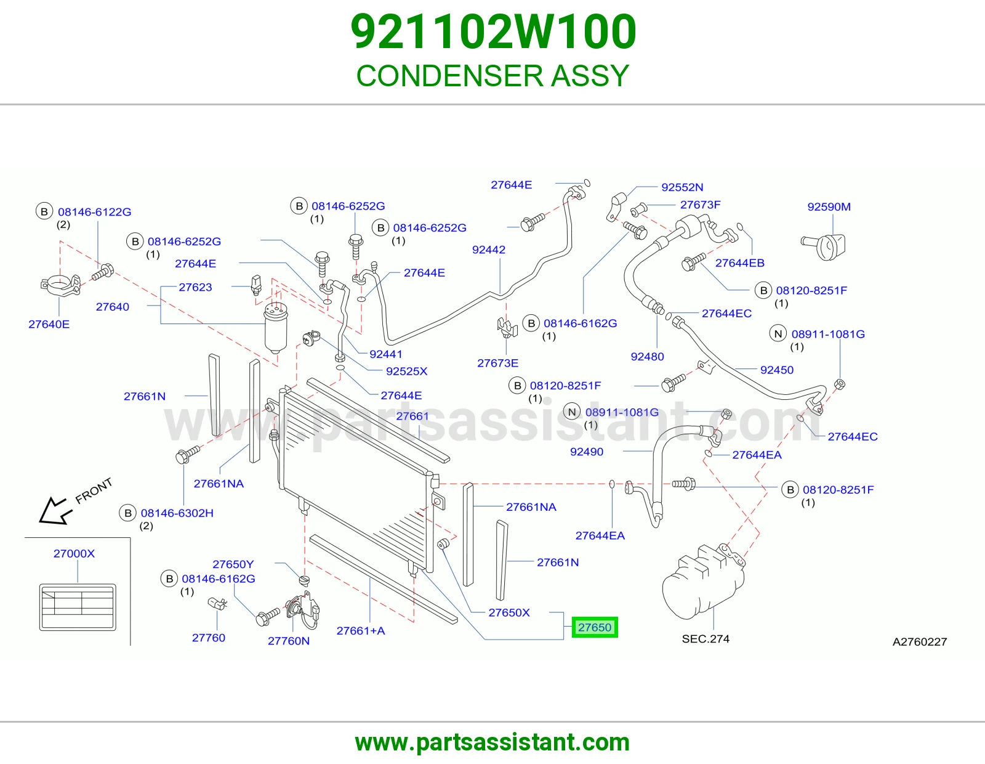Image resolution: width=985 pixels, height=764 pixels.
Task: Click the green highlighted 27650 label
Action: click(x=595, y=627)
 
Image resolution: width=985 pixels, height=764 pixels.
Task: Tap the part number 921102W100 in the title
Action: click(x=493, y=31)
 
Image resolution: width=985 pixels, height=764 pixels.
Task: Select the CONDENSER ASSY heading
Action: click(x=492, y=75)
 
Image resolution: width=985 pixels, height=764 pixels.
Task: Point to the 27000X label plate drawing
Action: click(x=78, y=607)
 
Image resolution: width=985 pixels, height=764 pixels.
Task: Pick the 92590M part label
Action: click(x=829, y=207)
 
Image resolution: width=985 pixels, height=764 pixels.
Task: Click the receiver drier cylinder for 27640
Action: click(x=276, y=328)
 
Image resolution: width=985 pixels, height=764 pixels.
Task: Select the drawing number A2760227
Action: click(x=920, y=641)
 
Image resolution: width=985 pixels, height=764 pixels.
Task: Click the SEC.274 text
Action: click(x=706, y=639)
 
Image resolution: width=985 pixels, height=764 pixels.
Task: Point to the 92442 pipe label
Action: click(x=489, y=250)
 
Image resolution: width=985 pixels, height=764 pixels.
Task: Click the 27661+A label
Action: click(x=360, y=631)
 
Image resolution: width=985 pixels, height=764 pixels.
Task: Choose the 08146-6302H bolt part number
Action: click(x=177, y=513)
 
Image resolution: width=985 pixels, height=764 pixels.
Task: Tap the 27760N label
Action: click(x=288, y=641)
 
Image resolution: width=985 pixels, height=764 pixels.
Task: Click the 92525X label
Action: click(x=406, y=371)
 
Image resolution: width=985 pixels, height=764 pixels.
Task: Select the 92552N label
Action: click(x=682, y=187)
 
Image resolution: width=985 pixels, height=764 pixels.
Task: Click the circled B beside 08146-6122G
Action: click(x=44, y=211)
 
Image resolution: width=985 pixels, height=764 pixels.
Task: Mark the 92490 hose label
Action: click(x=587, y=452)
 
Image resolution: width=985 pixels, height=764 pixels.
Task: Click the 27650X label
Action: click(x=509, y=612)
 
